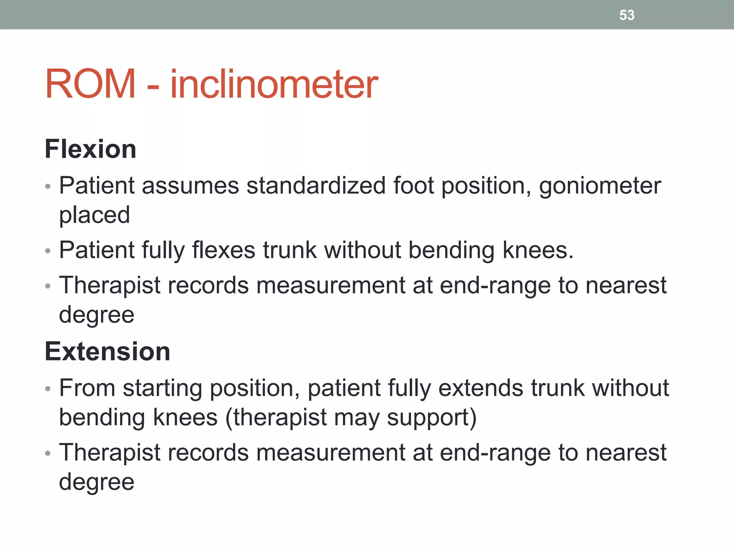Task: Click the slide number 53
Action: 627,15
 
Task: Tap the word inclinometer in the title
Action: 274,85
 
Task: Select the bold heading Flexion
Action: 90,149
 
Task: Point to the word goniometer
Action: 600,186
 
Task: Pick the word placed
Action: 94,215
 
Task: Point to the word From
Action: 87,388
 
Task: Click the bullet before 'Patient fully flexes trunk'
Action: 48,251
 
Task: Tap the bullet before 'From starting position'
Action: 48,389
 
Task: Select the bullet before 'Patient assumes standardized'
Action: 48,187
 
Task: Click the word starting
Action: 162,389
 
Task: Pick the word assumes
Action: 190,186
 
